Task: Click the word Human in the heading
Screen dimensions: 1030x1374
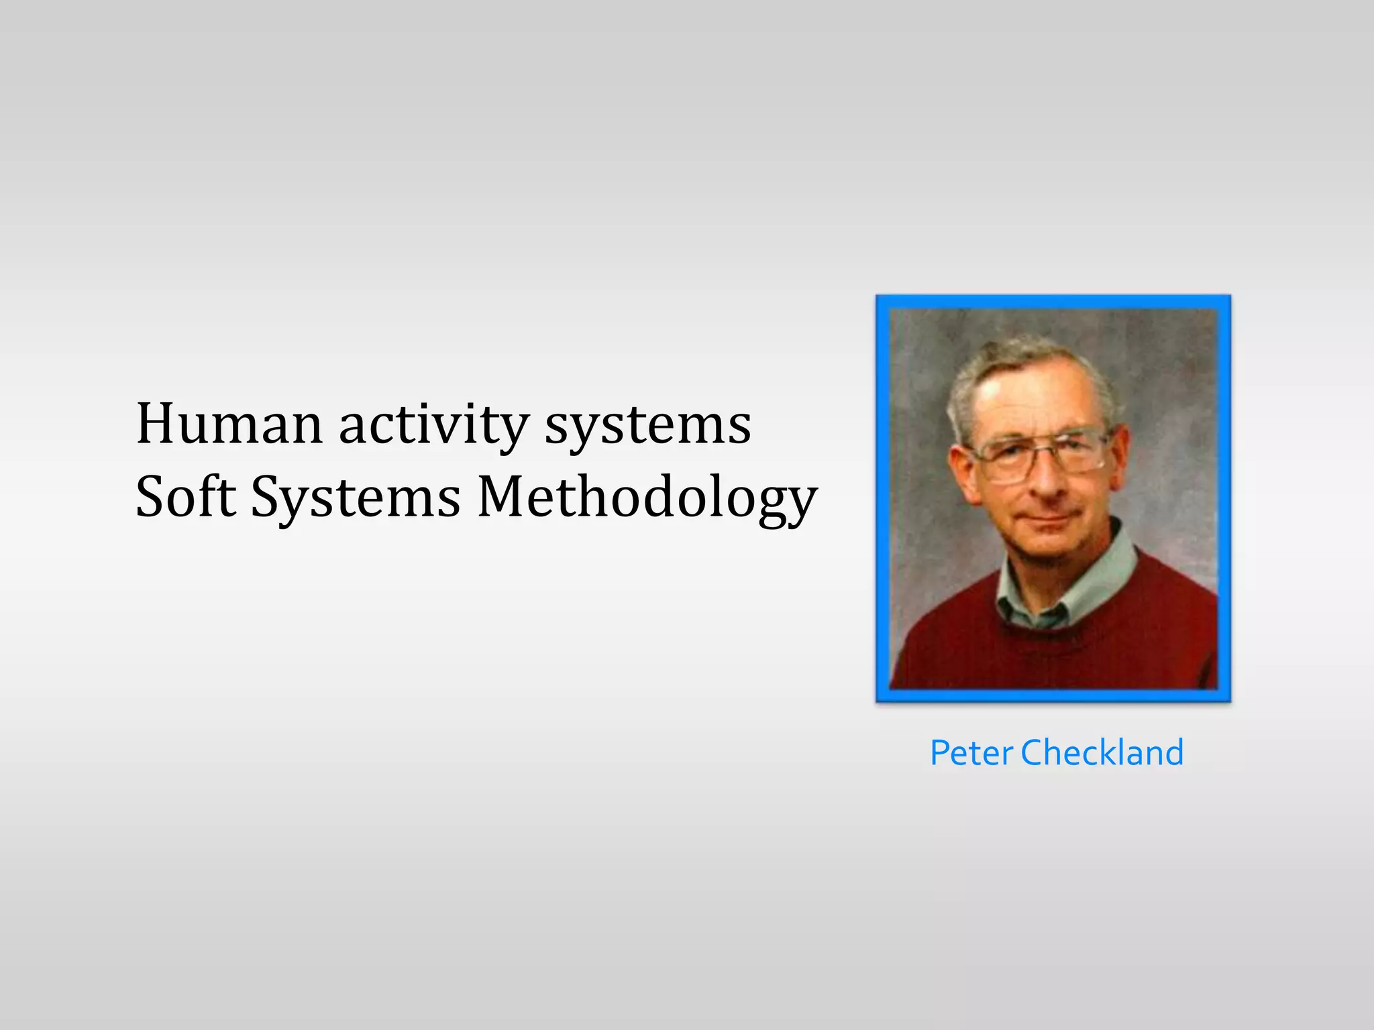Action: [x=229, y=424]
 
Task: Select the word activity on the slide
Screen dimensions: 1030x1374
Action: [x=433, y=425]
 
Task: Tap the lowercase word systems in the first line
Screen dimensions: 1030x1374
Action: [x=647, y=425]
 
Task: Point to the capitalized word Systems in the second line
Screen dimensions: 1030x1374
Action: [x=356, y=498]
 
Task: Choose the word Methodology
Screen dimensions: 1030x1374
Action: [x=647, y=498]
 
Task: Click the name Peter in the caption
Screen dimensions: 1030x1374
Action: [x=971, y=752]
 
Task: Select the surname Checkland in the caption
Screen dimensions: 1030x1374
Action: [x=1102, y=752]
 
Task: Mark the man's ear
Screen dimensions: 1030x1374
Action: [x=959, y=469]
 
